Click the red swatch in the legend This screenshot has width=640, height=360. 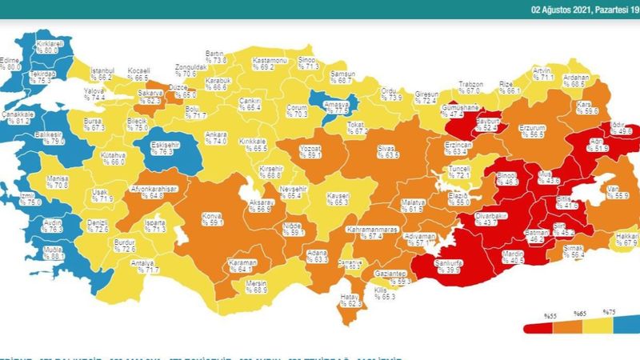tap(538, 327)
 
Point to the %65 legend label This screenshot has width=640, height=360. tap(579, 313)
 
